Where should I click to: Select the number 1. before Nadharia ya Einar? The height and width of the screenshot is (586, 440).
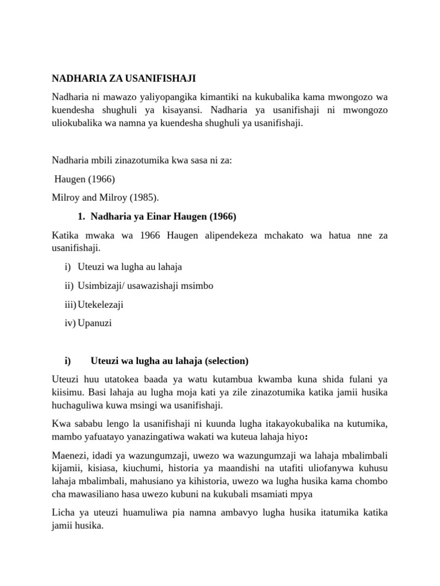(81, 216)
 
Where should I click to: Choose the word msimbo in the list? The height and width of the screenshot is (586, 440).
(199, 286)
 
